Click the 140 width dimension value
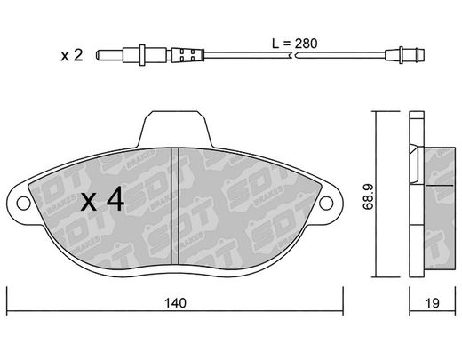pos(176,303)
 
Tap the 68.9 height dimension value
pos(369,196)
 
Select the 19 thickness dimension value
pos(433,303)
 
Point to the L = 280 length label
pos(295,44)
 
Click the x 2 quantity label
pos(72,55)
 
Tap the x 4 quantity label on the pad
pos(103,199)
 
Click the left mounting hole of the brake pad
pos(23,203)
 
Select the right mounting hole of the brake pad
pos(326,203)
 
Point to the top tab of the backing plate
pos(176,129)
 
